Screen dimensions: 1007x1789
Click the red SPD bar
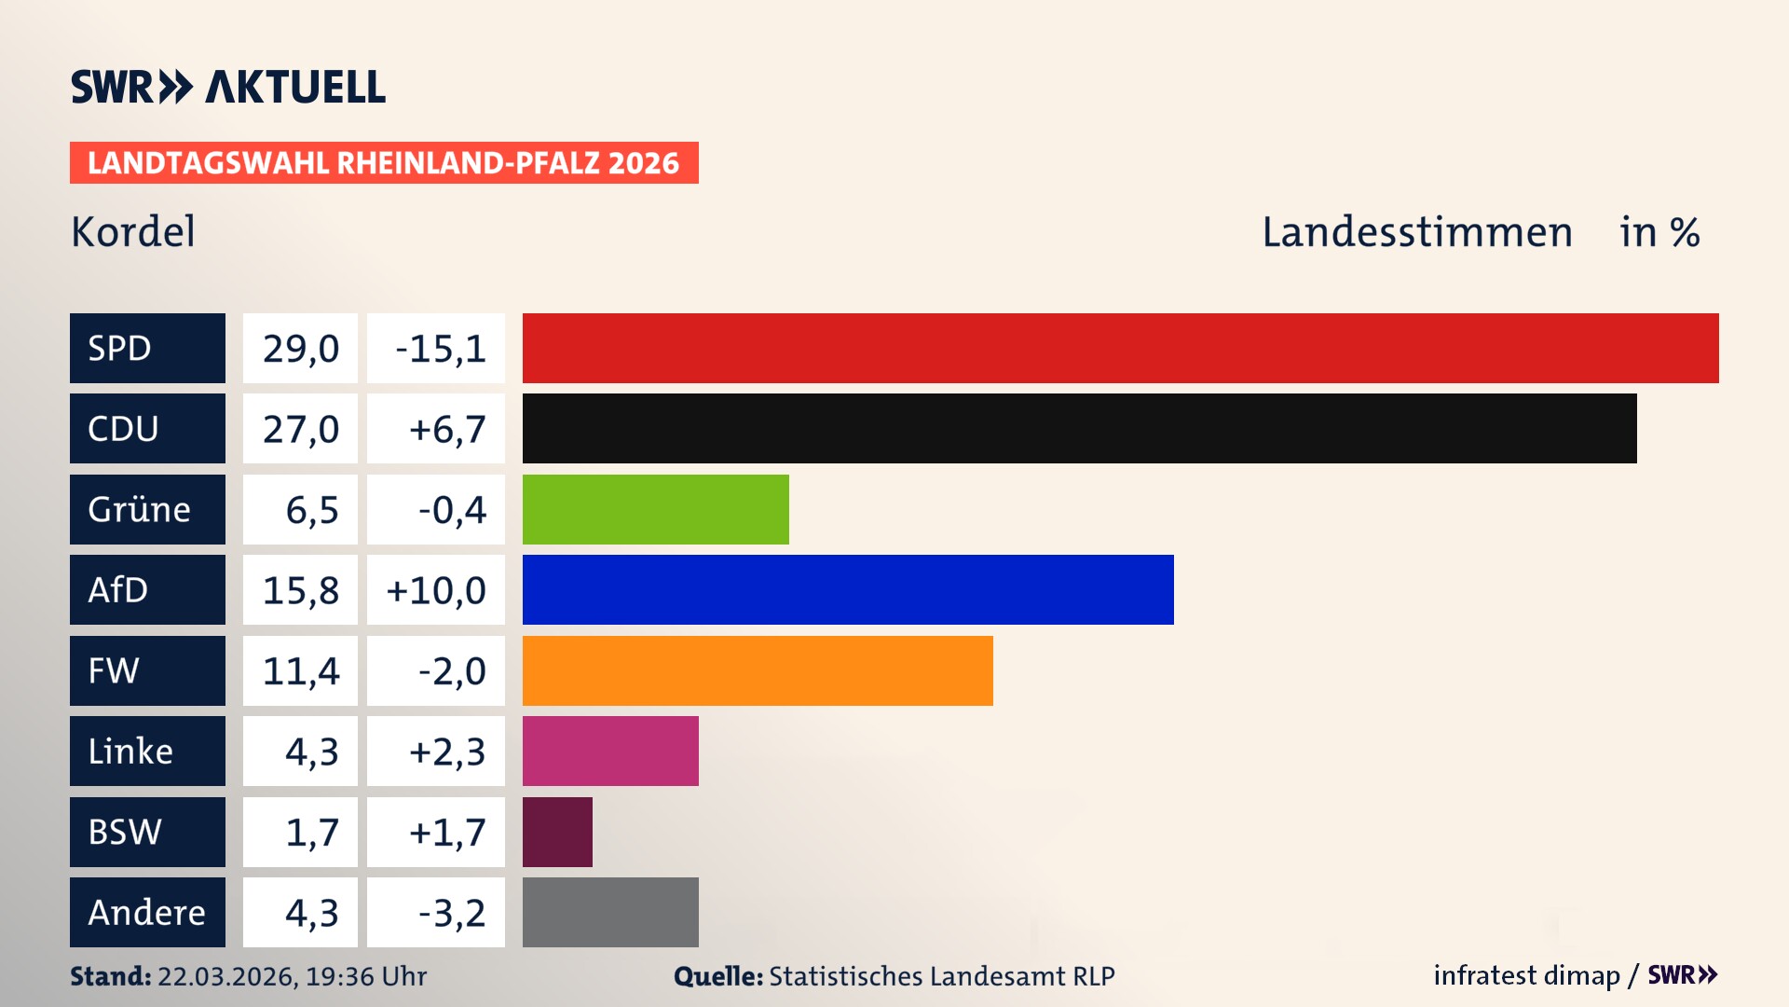tap(1120, 348)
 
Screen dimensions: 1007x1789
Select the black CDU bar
tap(1079, 429)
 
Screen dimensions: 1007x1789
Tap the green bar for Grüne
tap(655, 509)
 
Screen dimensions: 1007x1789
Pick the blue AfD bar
tap(848, 590)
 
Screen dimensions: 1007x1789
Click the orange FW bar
tap(758, 670)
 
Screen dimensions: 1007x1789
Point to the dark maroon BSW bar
tap(557, 832)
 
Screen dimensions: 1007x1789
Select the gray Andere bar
tap(610, 912)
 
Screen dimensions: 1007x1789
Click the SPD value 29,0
tap(300, 349)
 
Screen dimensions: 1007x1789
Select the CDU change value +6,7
tap(446, 429)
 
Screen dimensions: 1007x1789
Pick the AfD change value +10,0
tap(436, 590)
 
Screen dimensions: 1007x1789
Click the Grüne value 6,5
tap(311, 510)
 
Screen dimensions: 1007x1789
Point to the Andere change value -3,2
tap(451, 913)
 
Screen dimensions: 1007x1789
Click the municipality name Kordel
tap(133, 232)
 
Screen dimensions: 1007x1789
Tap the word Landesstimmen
tap(1416, 232)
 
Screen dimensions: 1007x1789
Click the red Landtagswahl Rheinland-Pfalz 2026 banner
tap(384, 163)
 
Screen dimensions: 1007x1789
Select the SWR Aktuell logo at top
tap(228, 87)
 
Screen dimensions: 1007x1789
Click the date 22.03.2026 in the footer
tap(226, 976)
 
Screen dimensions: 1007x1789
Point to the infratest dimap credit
tap(1526, 975)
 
